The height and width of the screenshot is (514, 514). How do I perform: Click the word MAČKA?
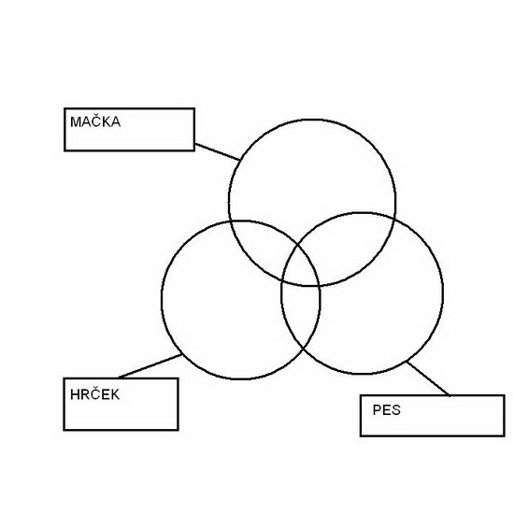coord(95,121)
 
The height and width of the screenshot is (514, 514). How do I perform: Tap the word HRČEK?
coord(94,393)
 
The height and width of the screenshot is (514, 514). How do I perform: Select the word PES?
coord(387,409)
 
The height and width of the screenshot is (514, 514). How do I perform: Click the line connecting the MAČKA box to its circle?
coord(218,151)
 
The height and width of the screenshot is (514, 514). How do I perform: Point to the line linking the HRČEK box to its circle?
coord(150,366)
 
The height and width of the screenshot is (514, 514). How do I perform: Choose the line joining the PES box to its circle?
coord(428,378)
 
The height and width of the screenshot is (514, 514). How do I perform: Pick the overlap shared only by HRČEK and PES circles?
coord(300,315)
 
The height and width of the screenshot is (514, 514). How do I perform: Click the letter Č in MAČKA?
coord(94,121)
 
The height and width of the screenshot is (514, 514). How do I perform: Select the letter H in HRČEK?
coord(75,394)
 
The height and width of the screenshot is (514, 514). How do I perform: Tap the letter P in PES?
coord(378,409)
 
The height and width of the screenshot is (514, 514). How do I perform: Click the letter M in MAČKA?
coord(75,121)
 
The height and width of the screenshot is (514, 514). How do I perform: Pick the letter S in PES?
coord(395,409)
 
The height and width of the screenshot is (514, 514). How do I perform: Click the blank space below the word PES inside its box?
coord(432,426)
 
